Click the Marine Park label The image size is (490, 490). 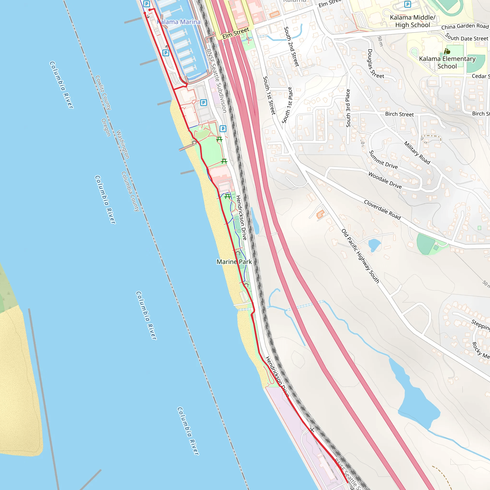[x=234, y=262]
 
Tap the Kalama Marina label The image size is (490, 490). [x=178, y=22]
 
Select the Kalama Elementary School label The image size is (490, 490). [x=447, y=62]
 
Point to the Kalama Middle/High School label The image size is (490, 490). [x=412, y=21]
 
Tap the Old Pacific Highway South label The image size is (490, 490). [x=360, y=256]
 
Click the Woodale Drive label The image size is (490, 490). [x=385, y=180]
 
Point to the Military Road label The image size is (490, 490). [x=417, y=153]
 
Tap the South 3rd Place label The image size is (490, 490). [x=348, y=108]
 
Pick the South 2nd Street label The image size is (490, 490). [x=291, y=47]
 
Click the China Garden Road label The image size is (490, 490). [x=465, y=26]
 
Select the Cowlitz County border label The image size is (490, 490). [x=103, y=93]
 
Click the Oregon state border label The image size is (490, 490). [x=106, y=127]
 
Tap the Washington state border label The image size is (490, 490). [x=123, y=144]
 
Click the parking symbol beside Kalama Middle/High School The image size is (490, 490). [x=407, y=4]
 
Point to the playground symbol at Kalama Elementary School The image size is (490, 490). [x=447, y=51]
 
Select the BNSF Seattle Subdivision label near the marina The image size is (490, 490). [x=216, y=81]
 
